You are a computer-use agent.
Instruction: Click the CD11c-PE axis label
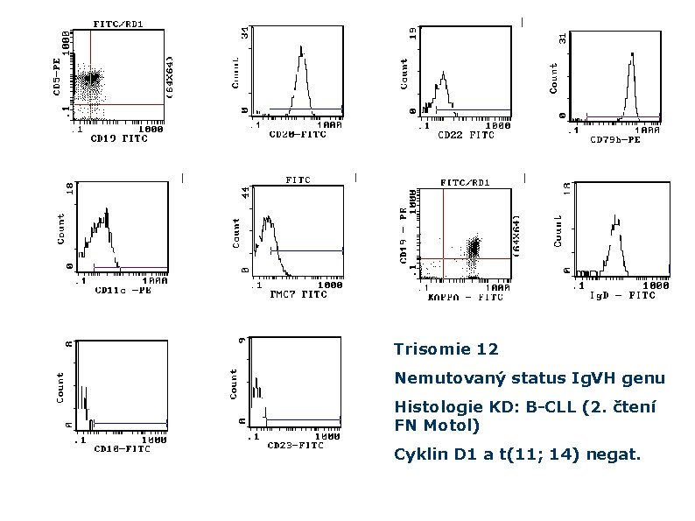coord(123,292)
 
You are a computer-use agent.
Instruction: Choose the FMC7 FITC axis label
coord(298,294)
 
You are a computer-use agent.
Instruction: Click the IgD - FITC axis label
coord(623,295)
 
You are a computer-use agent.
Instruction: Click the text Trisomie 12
coord(446,350)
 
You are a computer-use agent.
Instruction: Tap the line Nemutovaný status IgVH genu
coord(530,378)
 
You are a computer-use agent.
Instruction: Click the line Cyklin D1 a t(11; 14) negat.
coord(517,455)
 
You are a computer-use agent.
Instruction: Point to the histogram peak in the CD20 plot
coord(302,60)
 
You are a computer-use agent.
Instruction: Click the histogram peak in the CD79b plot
coord(631,57)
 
